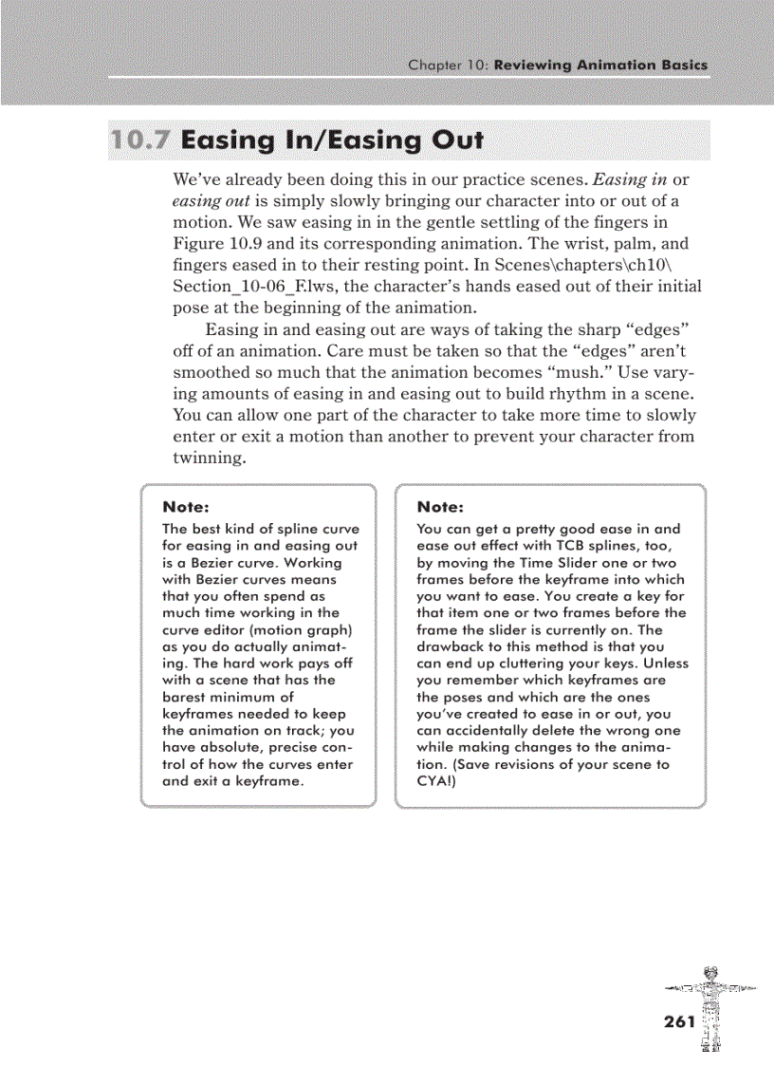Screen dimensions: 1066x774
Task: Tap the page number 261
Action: [x=679, y=1021]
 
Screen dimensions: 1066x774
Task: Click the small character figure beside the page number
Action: [x=710, y=1007]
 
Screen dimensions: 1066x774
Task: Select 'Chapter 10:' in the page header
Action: [x=448, y=65]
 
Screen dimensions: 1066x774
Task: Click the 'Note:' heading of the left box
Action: [x=186, y=507]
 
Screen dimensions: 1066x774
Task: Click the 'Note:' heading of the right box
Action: [x=440, y=507]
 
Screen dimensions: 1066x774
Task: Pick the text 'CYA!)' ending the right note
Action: [x=437, y=781]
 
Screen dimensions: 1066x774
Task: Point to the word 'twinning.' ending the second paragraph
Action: [x=210, y=458]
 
